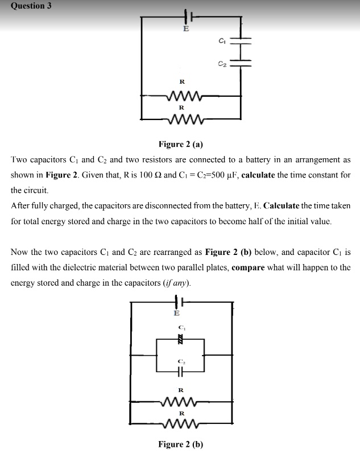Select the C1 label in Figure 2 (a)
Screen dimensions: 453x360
pyautogui.click(x=222, y=41)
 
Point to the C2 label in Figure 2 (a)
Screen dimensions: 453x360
pyautogui.click(x=222, y=65)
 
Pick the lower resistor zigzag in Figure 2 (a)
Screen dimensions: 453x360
pyautogui.click(x=183, y=120)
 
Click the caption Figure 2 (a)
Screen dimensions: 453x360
pyautogui.click(x=180, y=144)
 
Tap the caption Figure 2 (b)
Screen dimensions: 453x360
pyautogui.click(x=180, y=444)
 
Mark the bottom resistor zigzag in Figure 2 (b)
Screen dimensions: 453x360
pyautogui.click(x=182, y=424)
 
